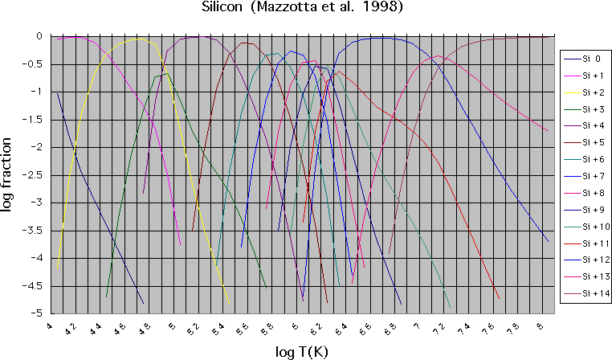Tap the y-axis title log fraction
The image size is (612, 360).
(x=9, y=174)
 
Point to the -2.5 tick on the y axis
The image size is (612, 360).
(x=37, y=174)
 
